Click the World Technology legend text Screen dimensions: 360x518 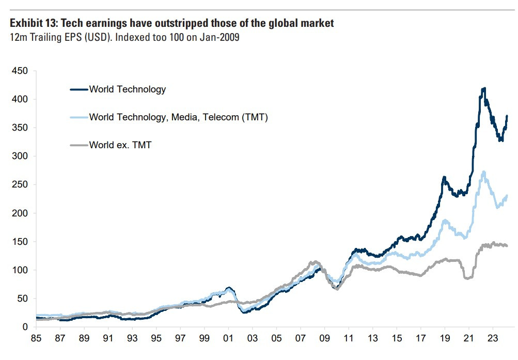tap(128, 89)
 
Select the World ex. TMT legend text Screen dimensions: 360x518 tap(120, 145)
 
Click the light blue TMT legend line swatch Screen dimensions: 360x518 tap(79, 118)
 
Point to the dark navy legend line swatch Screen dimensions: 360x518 tap(79, 90)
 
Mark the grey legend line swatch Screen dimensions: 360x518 tap(79, 146)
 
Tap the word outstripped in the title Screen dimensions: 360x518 tap(184, 24)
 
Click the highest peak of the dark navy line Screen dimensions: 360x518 tap(483, 89)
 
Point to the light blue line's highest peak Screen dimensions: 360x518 tap(483, 172)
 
